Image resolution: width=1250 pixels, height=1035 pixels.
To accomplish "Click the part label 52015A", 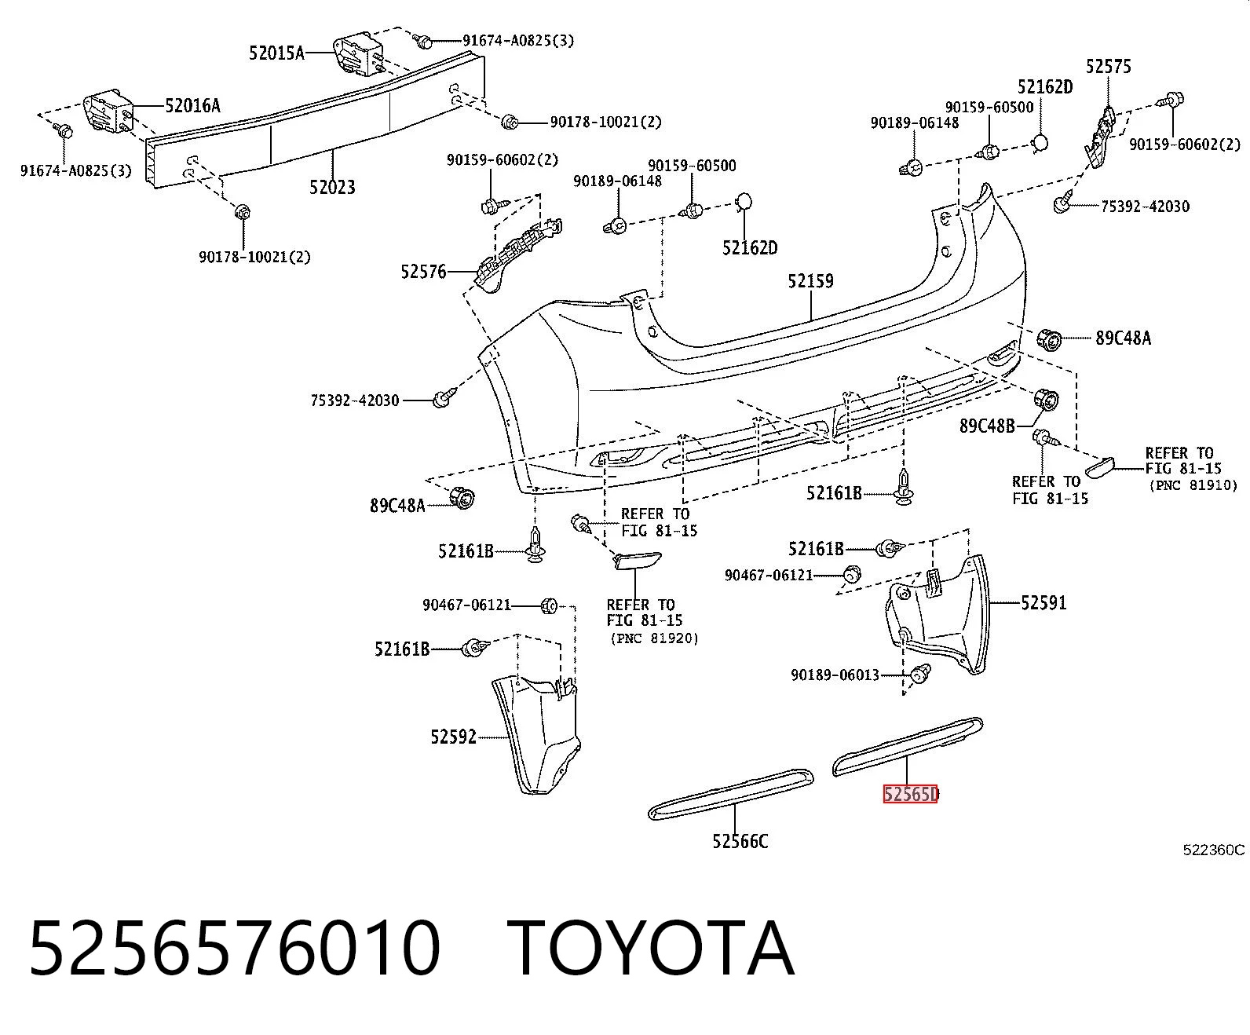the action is click(276, 53).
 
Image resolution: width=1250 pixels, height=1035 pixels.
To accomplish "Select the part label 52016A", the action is click(193, 106).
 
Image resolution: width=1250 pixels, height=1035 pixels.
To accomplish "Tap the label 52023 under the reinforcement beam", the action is click(332, 188).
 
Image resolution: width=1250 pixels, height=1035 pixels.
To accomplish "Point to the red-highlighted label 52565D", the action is click(911, 794).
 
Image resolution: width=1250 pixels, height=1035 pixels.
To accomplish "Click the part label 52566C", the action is click(740, 842).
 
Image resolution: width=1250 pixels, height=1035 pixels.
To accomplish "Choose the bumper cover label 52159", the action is click(810, 281).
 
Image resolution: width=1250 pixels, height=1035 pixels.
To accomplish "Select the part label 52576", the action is click(424, 272).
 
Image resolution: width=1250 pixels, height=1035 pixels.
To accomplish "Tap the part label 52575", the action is click(1109, 67).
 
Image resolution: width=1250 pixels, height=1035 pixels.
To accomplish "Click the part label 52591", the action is click(1044, 602).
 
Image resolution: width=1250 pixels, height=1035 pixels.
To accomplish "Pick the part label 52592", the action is click(454, 737).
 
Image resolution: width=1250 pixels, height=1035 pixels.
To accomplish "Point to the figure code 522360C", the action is click(1213, 850).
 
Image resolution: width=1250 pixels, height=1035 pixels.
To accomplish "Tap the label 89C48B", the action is click(987, 426).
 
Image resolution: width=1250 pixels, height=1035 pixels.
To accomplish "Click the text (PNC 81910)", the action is click(1193, 485).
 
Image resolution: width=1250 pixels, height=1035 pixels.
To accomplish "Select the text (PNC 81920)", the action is click(654, 638).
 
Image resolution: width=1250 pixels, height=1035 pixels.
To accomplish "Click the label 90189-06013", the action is click(835, 675).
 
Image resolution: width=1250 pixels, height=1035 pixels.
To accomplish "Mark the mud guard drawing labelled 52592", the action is click(535, 733).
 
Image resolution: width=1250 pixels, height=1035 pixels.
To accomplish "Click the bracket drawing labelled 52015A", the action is click(358, 55).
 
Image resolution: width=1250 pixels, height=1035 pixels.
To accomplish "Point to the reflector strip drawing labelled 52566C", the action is click(731, 794).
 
